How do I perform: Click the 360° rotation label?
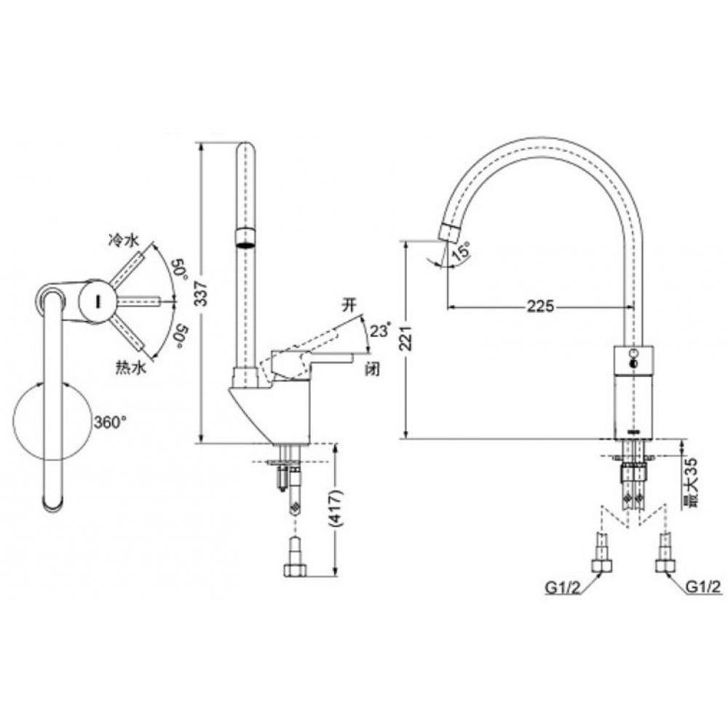click(x=110, y=421)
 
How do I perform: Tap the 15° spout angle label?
click(x=459, y=252)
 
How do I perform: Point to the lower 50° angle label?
click(x=177, y=335)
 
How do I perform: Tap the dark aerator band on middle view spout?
click(x=247, y=238)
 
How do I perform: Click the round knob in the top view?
click(x=94, y=301)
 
